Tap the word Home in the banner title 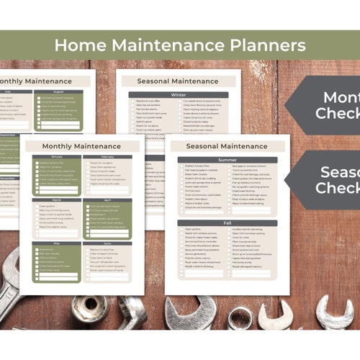(78, 45)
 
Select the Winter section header (178, 94)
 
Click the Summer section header (227, 160)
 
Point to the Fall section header (227, 224)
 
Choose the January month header (57, 156)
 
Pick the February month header (108, 156)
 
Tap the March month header (57, 199)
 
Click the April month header (108, 199)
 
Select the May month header (57, 243)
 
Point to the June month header (108, 243)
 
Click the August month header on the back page (58, 92)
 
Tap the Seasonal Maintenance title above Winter (178, 81)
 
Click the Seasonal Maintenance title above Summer (227, 147)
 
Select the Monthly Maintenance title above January (82, 145)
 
